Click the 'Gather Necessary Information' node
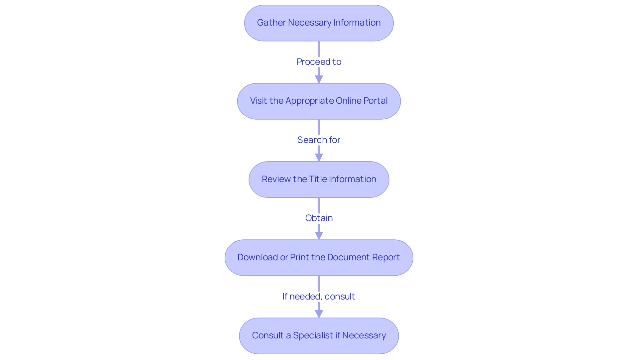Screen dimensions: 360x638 click(319, 23)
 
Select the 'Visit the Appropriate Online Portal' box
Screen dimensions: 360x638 click(319, 101)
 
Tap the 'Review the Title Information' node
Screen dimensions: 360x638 click(319, 180)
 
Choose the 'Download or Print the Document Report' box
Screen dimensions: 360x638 click(319, 258)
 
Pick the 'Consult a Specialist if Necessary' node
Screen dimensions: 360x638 click(319, 336)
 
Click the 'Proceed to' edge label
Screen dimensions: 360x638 click(319, 62)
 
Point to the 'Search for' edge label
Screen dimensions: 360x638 click(319, 140)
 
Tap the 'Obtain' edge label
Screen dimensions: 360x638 click(319, 218)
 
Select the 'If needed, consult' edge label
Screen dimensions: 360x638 click(319, 297)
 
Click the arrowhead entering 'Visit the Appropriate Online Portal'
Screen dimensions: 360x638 click(319, 79)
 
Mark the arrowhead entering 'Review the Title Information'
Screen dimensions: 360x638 click(319, 158)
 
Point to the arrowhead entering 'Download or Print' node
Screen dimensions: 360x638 click(319, 236)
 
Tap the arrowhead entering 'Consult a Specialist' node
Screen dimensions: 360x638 click(319, 314)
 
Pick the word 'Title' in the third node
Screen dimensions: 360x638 click(318, 179)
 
